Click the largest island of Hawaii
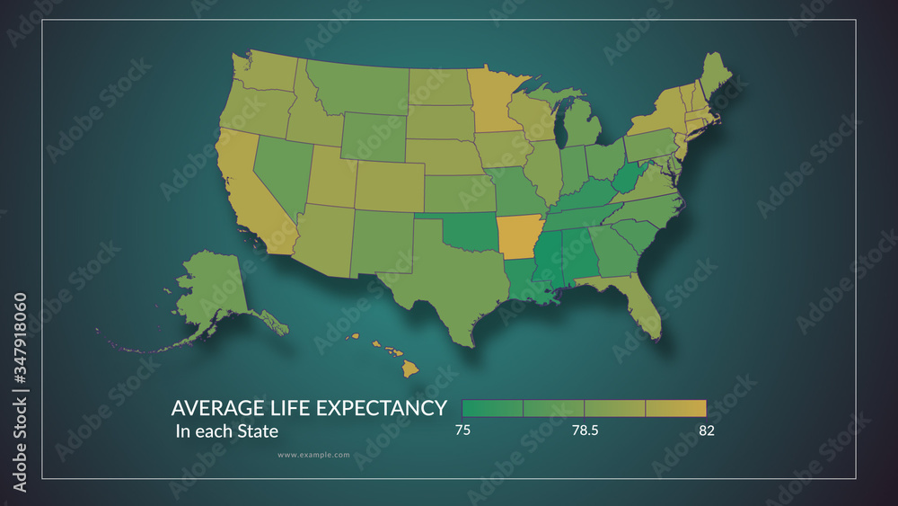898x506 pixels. tap(409, 368)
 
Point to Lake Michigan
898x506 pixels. tap(562, 126)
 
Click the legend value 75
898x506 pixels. tap(462, 431)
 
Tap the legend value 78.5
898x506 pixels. tap(584, 431)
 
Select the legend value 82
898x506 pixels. tap(706, 431)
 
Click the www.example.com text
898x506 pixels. tap(313, 455)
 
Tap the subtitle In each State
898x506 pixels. tap(226, 431)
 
